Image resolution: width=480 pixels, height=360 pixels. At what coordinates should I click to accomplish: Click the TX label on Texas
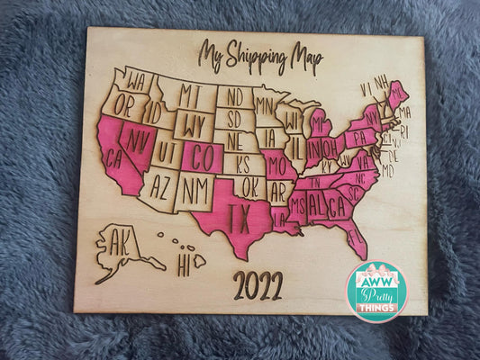coord(238,217)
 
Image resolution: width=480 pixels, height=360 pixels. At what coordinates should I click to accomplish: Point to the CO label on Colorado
coord(204,157)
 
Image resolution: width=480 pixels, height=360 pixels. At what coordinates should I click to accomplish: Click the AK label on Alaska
coord(119,243)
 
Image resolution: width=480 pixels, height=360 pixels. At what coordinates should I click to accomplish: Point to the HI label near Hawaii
coord(184,266)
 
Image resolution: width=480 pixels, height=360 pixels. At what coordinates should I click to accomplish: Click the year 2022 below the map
coord(258,285)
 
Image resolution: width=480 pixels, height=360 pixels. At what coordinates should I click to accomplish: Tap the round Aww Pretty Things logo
coord(376,292)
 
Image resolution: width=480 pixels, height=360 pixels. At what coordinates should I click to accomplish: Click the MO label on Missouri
coord(276,165)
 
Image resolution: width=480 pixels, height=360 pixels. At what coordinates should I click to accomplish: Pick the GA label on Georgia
coord(337,206)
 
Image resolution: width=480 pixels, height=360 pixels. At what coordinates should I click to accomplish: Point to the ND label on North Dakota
coord(234,95)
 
